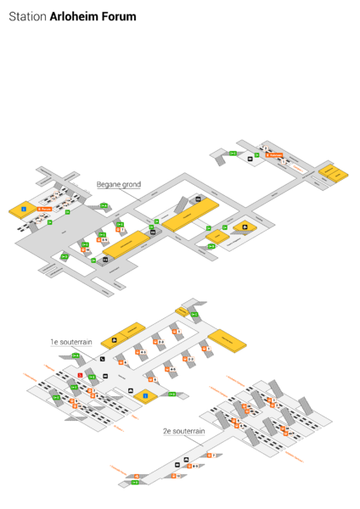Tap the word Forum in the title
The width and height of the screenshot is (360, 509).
pyautogui.click(x=115, y=16)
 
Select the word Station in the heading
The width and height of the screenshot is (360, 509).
pyautogui.click(x=28, y=16)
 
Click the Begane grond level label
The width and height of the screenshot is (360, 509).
pyautogui.click(x=119, y=184)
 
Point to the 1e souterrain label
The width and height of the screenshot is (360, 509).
pyautogui.click(x=70, y=342)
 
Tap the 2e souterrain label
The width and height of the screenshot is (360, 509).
pyautogui.click(x=184, y=431)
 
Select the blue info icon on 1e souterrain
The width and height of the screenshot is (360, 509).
pyautogui.click(x=145, y=395)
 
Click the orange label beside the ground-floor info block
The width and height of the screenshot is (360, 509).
pyautogui.click(x=44, y=208)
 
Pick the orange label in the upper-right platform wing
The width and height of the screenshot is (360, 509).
pyautogui.click(x=273, y=155)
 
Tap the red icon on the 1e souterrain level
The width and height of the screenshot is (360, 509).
pyautogui.click(x=81, y=373)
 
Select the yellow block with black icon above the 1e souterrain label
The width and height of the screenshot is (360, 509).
pyautogui.click(x=114, y=340)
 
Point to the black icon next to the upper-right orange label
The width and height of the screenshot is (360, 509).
pyautogui.click(x=250, y=157)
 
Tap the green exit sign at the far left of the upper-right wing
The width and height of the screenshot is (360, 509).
pyautogui.click(x=233, y=153)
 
